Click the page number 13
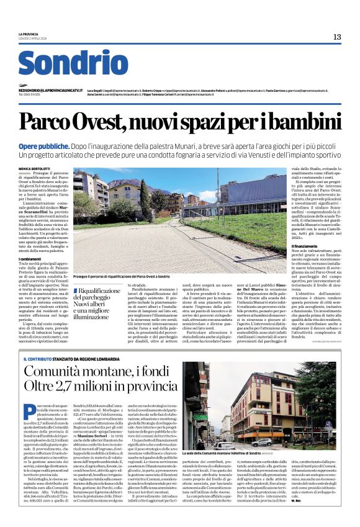(x=337, y=37)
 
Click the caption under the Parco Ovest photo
(x=121, y=276)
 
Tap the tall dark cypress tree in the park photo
(x=144, y=199)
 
